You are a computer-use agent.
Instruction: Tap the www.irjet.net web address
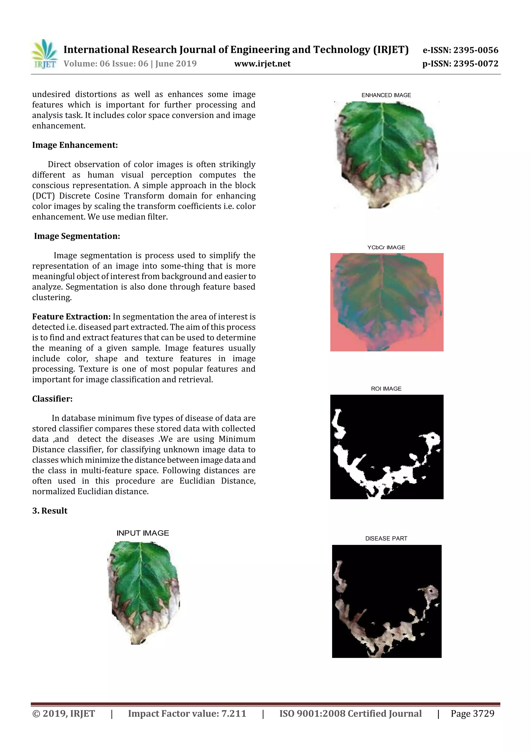coord(262,64)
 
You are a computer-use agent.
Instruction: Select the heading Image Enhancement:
coord(75,145)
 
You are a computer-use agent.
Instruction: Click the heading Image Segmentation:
coord(77,236)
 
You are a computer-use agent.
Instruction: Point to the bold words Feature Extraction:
coord(71,317)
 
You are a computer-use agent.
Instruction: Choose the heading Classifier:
coord(52,399)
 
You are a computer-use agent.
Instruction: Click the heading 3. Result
coord(50,511)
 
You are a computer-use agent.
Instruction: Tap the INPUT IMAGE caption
coord(143,533)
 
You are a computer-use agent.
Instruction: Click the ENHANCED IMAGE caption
coord(386,95)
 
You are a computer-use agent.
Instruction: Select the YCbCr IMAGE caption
coord(386,248)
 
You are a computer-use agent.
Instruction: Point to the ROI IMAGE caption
coord(386,389)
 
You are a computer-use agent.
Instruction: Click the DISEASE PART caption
coord(386,538)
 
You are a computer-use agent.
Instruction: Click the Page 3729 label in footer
coord(472,713)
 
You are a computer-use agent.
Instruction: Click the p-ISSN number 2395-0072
coord(475,64)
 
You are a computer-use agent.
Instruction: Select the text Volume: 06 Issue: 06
coord(106,64)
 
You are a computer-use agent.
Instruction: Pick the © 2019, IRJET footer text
coord(64,713)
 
